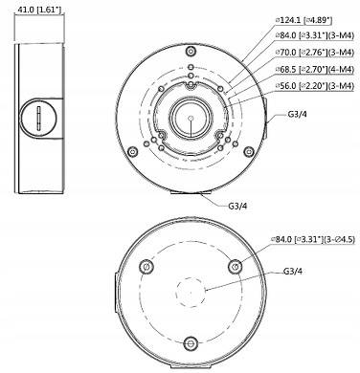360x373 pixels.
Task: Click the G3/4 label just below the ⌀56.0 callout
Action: [x=298, y=115]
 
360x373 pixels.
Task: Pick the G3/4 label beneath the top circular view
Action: [x=236, y=203]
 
